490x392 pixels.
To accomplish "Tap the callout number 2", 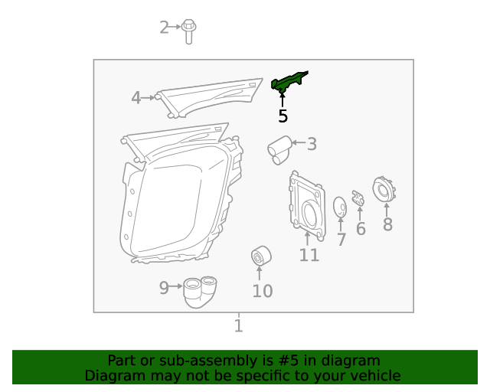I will (x=164, y=28).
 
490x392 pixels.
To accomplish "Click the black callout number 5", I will (x=283, y=116).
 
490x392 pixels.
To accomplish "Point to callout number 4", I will (x=136, y=98).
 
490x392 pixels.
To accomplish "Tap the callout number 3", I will (x=312, y=143).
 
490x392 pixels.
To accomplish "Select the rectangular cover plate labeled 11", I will (x=305, y=203).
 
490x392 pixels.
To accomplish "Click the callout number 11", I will (x=309, y=255).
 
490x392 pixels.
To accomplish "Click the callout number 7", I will (x=341, y=240).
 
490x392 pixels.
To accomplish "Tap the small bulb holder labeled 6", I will (x=358, y=198).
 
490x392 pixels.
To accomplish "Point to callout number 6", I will (x=361, y=229).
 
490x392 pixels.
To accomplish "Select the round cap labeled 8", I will (x=382, y=190).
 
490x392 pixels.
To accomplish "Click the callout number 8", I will (x=387, y=224).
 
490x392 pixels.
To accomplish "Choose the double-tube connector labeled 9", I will (x=201, y=292).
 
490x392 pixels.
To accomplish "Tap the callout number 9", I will (x=164, y=288).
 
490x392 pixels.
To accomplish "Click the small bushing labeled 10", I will (x=261, y=256).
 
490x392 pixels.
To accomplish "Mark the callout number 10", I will (x=263, y=291).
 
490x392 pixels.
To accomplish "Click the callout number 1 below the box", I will (x=239, y=327).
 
